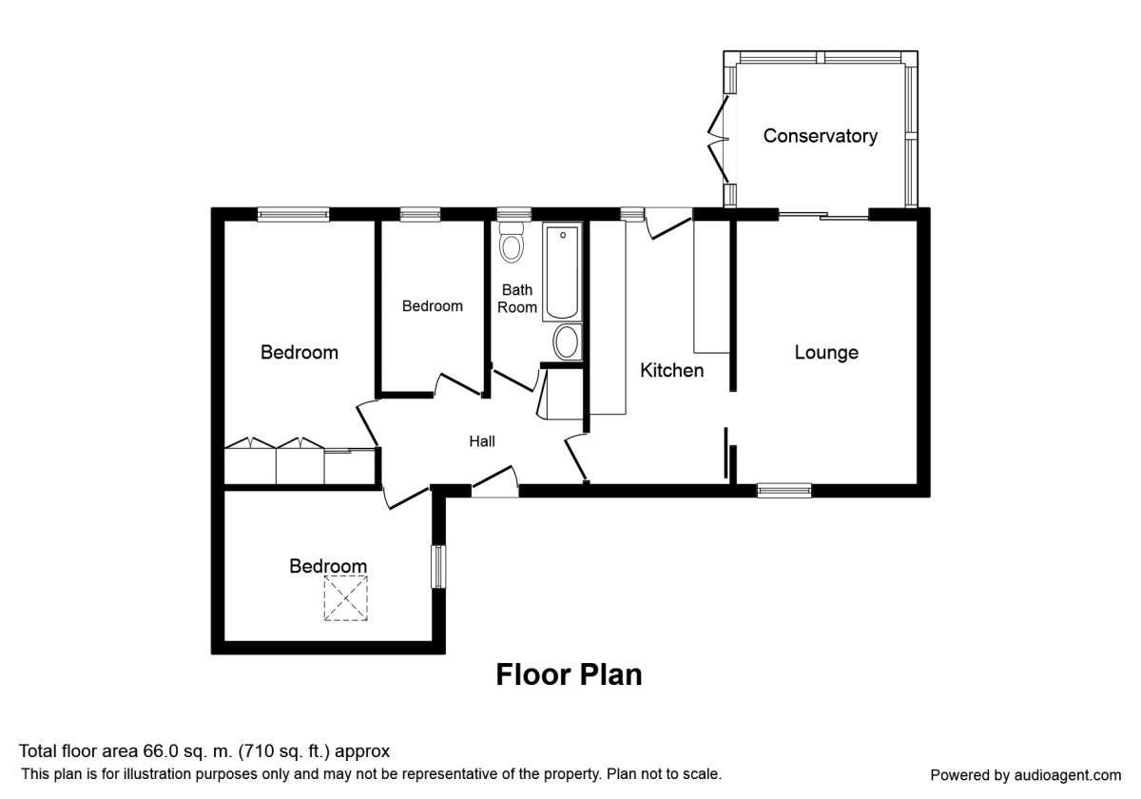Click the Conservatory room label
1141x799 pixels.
[820, 136]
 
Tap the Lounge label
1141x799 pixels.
[826, 353]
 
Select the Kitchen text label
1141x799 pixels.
[672, 370]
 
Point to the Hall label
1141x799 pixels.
[482, 441]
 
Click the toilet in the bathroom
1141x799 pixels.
[512, 243]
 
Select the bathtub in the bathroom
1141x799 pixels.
[562, 272]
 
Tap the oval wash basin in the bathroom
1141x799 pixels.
[567, 341]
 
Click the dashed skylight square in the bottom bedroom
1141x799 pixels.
[346, 598]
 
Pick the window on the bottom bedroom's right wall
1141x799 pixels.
[438, 567]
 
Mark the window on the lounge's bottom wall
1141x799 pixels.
[783, 490]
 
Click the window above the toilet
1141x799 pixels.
[514, 214]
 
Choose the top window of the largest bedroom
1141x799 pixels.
[294, 214]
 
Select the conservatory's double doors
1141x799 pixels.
[719, 139]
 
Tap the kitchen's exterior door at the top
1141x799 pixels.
[668, 224]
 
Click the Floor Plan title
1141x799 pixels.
[569, 675]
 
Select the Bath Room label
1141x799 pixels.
[517, 299]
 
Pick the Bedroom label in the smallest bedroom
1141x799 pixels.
[433, 305]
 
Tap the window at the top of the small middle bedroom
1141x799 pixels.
[420, 214]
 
